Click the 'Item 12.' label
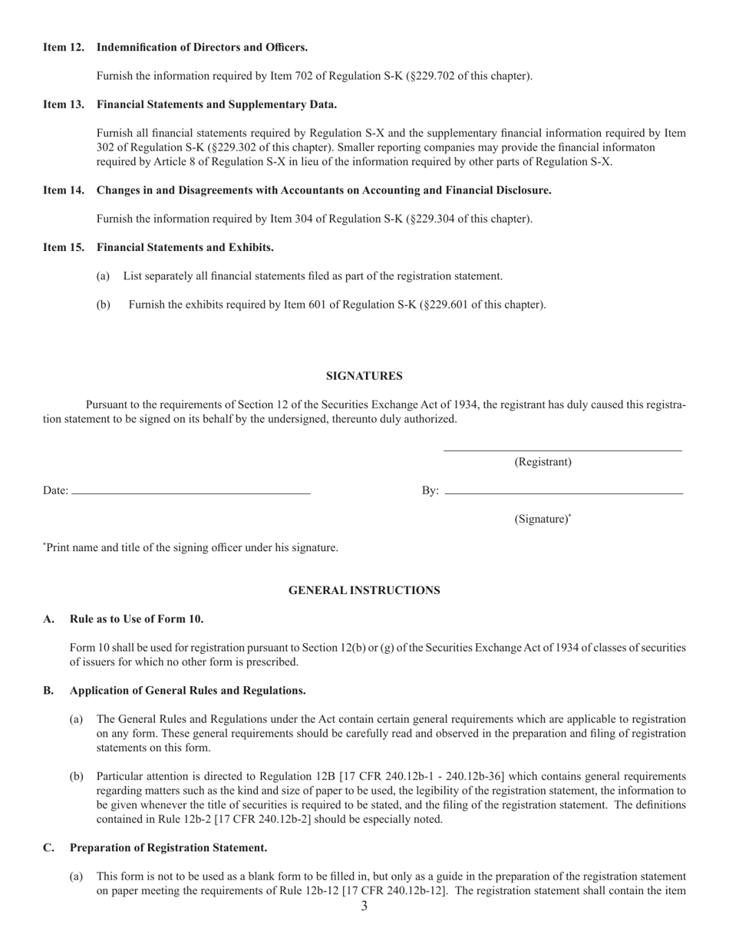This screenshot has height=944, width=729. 64,48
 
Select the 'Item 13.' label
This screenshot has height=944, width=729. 64,104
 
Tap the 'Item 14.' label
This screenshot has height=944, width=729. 64,190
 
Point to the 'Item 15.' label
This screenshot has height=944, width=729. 64,247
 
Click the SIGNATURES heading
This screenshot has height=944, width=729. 364,376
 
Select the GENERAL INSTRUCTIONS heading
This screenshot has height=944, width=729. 364,590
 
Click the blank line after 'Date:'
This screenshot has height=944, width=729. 190,490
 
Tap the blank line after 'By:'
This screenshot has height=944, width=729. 563,490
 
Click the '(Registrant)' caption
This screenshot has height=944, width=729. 543,462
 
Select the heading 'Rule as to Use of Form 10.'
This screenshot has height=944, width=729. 137,619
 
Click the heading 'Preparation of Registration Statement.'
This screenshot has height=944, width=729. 168,848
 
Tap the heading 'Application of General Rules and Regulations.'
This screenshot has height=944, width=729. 187,691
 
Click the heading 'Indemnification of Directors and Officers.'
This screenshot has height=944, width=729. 202,48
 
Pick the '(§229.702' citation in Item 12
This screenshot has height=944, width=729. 430,76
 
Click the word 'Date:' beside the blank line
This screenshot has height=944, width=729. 55,490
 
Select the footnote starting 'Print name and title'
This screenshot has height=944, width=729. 191,548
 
